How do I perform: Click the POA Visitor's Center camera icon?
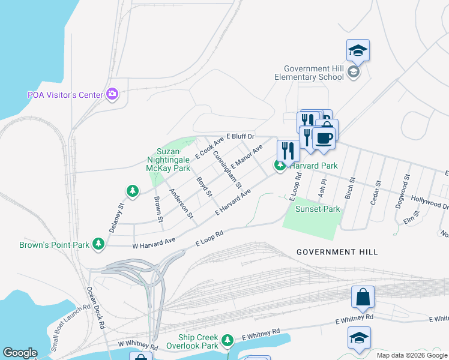tap(112, 94)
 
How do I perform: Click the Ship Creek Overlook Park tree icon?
tap(227, 341)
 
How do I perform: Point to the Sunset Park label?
tap(317, 209)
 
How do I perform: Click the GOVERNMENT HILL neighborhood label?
tap(337, 252)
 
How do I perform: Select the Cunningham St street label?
tap(226, 167)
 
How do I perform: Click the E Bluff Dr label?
tap(241, 137)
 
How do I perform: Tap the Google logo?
tap(20, 353)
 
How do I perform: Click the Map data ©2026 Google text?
tap(411, 355)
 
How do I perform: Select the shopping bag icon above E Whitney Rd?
tap(363, 297)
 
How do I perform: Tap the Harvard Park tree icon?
tap(280, 166)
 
